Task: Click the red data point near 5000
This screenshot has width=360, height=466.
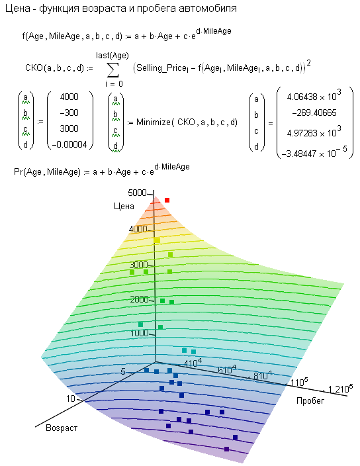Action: click(x=167, y=201)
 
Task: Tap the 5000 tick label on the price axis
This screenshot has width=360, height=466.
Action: click(x=137, y=193)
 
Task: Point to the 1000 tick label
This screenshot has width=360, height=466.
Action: click(x=140, y=333)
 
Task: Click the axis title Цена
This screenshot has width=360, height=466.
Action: click(x=124, y=207)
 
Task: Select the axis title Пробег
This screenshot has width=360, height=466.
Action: click(x=310, y=400)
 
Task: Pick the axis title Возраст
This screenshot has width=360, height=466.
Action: click(x=62, y=428)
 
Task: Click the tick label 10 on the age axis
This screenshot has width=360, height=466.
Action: click(x=70, y=398)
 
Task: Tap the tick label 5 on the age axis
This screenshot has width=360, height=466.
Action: click(x=123, y=371)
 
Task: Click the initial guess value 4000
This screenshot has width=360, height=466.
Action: click(x=69, y=97)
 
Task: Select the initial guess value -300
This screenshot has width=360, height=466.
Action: click(x=69, y=113)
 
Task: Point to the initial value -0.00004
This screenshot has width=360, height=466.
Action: click(x=69, y=145)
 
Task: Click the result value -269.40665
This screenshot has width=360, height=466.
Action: click(x=314, y=113)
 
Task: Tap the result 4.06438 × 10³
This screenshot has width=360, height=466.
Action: click(x=314, y=96)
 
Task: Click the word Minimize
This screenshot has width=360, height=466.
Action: click(x=154, y=122)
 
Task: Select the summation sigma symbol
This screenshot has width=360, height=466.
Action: click(x=113, y=70)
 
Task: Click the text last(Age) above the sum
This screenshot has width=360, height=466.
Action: click(x=112, y=56)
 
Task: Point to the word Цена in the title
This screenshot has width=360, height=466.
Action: click(x=18, y=9)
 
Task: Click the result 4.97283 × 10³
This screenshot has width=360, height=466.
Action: click(x=314, y=132)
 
